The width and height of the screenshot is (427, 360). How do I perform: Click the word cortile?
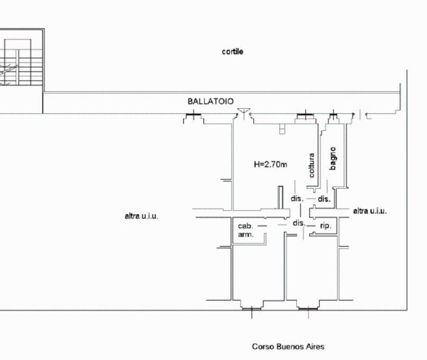click(x=232, y=51)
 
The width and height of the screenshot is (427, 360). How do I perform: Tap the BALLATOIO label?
click(x=210, y=101)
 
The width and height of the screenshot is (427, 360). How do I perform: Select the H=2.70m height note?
click(x=270, y=164)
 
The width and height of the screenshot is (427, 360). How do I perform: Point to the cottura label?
click(x=312, y=165)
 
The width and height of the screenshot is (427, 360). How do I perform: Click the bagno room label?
click(x=333, y=159)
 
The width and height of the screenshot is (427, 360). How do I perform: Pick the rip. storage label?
click(x=326, y=226)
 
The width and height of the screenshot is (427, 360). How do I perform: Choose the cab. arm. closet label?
click(x=246, y=230)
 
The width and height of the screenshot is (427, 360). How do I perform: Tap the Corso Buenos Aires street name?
click(x=288, y=347)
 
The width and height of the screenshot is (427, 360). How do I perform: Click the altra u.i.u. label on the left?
click(x=141, y=216)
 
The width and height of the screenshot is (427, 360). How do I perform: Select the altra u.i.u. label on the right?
click(x=370, y=210)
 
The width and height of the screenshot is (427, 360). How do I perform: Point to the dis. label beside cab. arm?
click(x=299, y=223)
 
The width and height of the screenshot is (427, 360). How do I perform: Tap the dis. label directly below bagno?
click(x=324, y=199)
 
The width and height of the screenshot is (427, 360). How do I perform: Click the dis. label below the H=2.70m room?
click(x=297, y=198)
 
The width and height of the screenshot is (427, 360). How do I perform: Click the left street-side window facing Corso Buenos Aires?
click(x=252, y=309)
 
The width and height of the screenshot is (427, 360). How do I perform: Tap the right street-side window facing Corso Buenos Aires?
click(x=308, y=309)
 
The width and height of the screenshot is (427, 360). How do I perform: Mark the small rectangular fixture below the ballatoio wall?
click(x=282, y=129)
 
